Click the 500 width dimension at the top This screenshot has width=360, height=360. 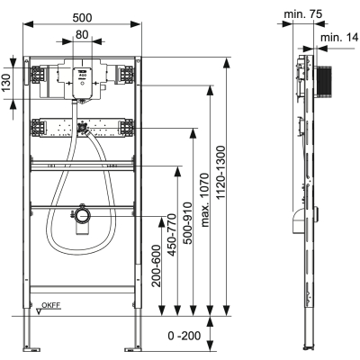pyautogui.click(x=82, y=18)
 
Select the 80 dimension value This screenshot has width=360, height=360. pyautogui.click(x=82, y=35)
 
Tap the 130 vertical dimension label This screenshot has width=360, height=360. pyautogui.click(x=6, y=83)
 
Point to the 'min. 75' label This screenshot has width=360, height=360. pyautogui.click(x=302, y=13)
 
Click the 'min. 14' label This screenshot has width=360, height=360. pyautogui.click(x=339, y=38)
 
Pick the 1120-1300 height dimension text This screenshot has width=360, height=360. pyautogui.click(x=220, y=173)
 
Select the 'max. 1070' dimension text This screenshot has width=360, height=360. pyautogui.click(x=204, y=200)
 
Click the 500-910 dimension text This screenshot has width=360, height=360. pyautogui.click(x=188, y=223)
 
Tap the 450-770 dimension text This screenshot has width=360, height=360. pyautogui.click(x=172, y=235)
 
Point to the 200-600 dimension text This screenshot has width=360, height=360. pyautogui.click(x=156, y=266)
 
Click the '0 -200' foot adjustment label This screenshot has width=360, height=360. pyautogui.click(x=184, y=336)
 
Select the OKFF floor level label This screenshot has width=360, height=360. pyautogui.click(x=51, y=305)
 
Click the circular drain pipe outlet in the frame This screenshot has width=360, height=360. pyautogui.click(x=83, y=215)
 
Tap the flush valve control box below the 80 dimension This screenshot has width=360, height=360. pyautogui.click(x=82, y=83)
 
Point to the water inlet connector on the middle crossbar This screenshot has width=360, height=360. pyautogui.click(x=82, y=128)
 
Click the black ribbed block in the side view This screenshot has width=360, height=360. pyautogui.click(x=323, y=82)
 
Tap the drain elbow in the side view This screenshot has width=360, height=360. pyautogui.click(x=298, y=221)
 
